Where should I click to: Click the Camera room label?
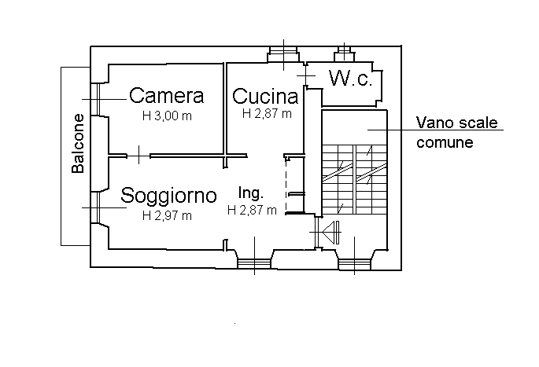coord(167,95)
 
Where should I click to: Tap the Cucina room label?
coord(265,96)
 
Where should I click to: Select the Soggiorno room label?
coord(168,196)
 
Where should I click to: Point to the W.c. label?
coord(350,79)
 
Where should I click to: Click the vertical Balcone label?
coord(78,144)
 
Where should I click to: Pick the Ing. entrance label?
coord(251,193)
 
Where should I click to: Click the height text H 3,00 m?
coord(167,116)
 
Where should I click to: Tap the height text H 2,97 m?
coord(167,215)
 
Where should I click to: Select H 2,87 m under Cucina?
coord(267,113)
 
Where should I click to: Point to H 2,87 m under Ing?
coord(252,210)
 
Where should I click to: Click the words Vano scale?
coord(457,123)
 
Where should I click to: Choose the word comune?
coord(445,142)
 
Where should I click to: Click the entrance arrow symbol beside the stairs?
coord(330,232)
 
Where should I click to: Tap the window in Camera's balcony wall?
coord(98,99)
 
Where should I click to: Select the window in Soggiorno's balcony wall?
coord(98,207)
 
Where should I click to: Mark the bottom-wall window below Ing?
coord(254,263)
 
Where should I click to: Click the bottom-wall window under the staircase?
coord(354,265)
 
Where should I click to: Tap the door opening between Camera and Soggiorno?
coord(138,156)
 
